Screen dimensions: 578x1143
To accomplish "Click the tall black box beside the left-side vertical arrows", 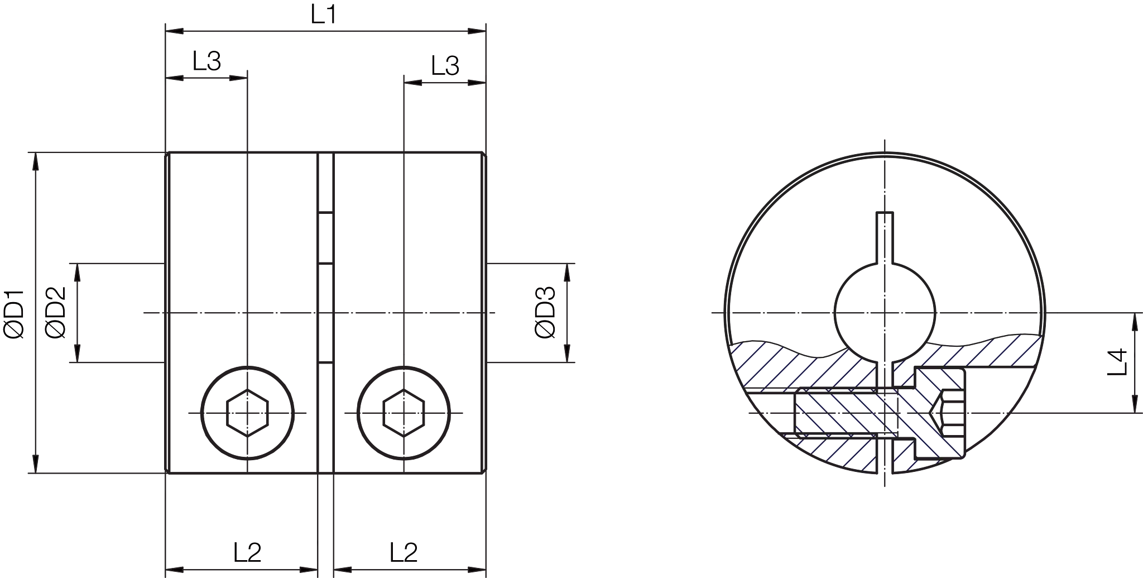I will click(60, 312).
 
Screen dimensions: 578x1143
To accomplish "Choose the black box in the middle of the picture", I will click(547, 312).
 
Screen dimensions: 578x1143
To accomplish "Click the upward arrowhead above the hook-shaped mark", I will click(1135, 324).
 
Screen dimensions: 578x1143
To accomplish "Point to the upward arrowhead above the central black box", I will click(567, 273).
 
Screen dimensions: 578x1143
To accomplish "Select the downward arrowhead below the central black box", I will click(567, 351).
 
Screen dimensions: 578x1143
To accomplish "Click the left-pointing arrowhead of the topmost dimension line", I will click(176, 32).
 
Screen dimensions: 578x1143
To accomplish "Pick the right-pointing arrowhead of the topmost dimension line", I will click(475, 32).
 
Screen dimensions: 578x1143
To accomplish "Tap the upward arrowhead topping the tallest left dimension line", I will click(36, 162).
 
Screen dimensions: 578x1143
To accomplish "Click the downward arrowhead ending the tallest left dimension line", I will click(36, 462).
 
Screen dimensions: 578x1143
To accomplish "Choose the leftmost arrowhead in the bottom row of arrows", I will click(176, 570).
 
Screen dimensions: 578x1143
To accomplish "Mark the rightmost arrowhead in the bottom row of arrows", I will click(475, 570).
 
